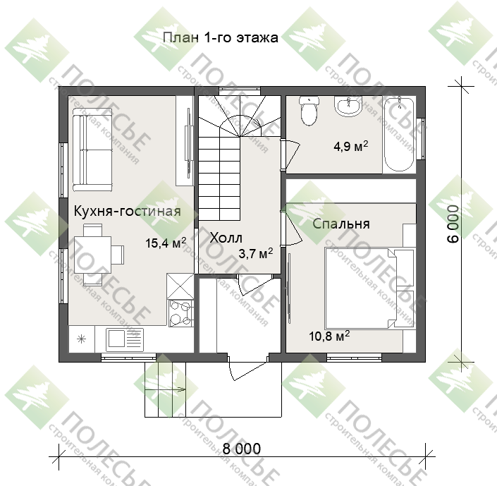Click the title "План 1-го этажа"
[221, 37]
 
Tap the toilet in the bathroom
[309, 111]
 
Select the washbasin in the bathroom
[348, 107]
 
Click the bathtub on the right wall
[399, 135]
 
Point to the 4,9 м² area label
[351, 146]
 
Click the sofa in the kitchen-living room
[92, 150]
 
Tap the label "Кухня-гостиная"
[128, 212]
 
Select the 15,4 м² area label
[166, 243]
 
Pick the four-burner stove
[180, 313]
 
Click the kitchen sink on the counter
[125, 339]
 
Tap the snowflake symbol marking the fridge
[82, 339]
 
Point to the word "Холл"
[226, 238]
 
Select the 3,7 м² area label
[255, 253]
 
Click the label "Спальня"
[341, 224]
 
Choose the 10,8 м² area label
[329, 336]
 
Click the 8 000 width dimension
[242, 449]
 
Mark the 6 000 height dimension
[453, 224]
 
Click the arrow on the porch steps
[165, 388]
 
